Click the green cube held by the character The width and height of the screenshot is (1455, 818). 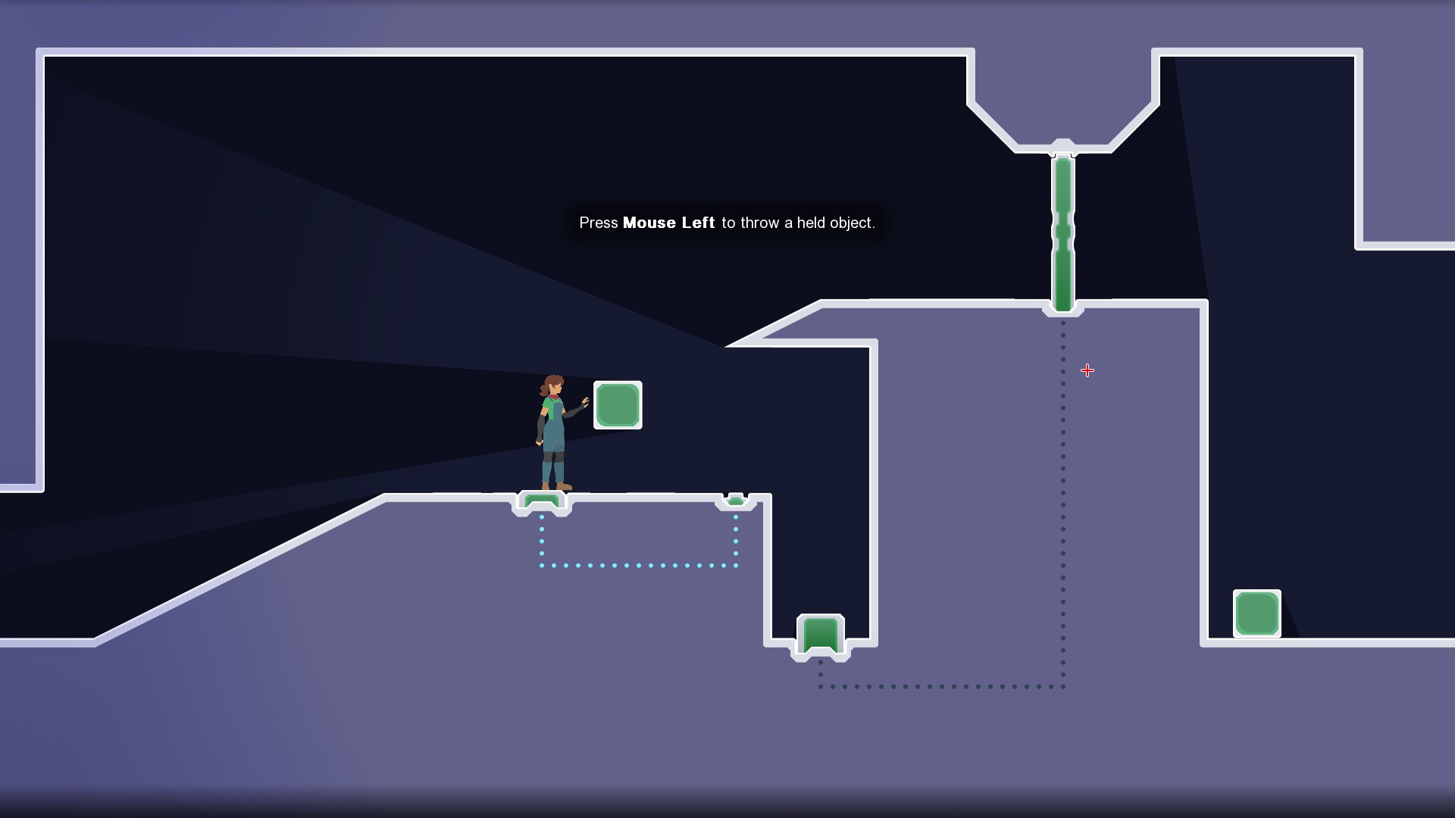(618, 405)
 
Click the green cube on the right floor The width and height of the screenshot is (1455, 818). (1256, 613)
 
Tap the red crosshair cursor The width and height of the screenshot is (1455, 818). (1087, 370)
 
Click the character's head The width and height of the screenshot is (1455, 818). (554, 385)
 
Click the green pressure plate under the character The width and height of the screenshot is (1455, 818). (542, 501)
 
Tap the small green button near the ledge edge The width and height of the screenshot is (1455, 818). (735, 500)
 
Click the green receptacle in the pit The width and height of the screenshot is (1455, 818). (820, 635)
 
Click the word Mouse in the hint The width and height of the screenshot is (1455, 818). (649, 223)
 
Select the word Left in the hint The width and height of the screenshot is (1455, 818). (698, 223)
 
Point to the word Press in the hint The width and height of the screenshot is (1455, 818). (599, 223)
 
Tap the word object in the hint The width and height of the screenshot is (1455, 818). (853, 223)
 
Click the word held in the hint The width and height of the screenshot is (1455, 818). (811, 223)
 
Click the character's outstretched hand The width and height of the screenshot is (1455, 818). (584, 402)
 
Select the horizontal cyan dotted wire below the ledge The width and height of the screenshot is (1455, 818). (638, 565)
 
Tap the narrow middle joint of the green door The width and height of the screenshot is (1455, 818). (1062, 231)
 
